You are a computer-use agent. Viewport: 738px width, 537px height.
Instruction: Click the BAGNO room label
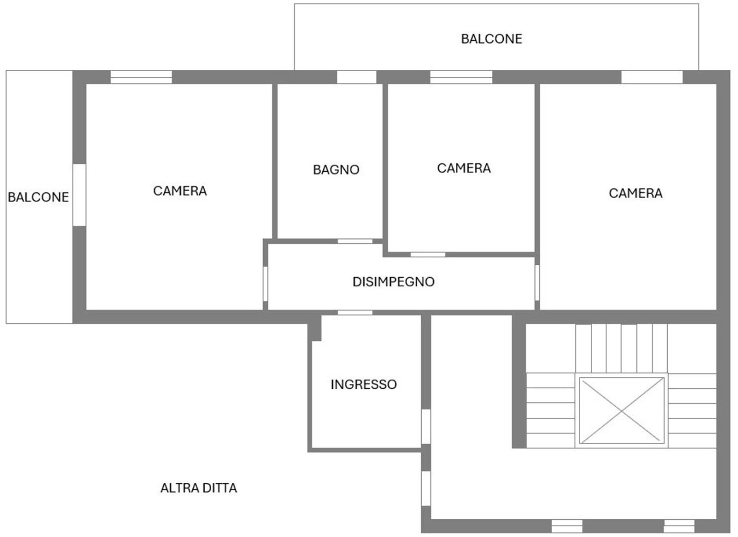click(x=336, y=170)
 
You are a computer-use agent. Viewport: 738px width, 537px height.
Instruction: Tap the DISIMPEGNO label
click(x=393, y=281)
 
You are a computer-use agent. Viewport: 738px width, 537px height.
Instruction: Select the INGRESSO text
click(x=364, y=384)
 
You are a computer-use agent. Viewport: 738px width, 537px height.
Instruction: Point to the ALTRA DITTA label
click(x=199, y=488)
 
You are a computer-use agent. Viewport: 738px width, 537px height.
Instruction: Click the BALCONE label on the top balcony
click(x=491, y=39)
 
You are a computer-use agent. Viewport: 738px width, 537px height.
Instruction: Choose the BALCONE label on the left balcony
click(x=38, y=197)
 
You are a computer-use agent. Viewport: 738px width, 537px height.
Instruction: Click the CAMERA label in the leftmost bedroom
click(x=180, y=191)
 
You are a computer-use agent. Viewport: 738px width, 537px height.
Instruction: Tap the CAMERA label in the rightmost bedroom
click(x=635, y=193)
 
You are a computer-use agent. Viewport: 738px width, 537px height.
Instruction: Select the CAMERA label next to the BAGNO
click(x=464, y=168)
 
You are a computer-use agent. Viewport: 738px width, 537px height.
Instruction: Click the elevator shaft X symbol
click(x=621, y=411)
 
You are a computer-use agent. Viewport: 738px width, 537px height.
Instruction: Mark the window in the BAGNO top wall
click(x=356, y=77)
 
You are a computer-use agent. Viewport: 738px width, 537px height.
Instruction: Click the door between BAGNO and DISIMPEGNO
click(x=354, y=241)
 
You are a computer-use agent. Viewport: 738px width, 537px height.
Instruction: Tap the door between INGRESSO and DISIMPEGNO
click(x=354, y=313)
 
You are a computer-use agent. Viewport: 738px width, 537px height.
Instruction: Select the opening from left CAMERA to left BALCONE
click(x=79, y=195)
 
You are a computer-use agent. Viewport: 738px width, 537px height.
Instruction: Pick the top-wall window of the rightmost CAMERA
click(x=652, y=77)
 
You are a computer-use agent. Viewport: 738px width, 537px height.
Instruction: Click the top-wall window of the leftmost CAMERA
click(x=141, y=77)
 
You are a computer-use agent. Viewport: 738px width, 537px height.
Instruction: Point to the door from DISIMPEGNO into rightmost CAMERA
click(x=537, y=282)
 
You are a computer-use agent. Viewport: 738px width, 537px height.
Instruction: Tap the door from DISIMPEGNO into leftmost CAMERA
click(x=265, y=283)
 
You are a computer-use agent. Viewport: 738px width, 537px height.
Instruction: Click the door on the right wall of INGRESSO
click(x=425, y=426)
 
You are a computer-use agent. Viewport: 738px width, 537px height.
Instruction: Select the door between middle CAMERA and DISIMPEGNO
click(x=428, y=255)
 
